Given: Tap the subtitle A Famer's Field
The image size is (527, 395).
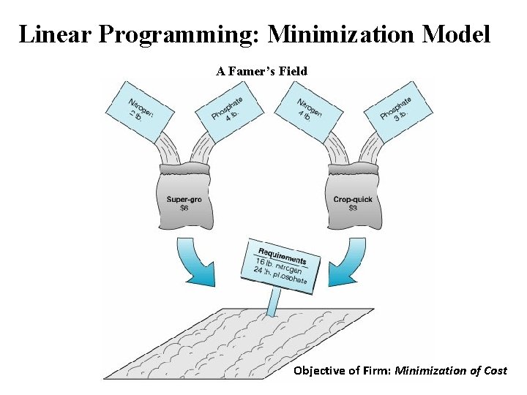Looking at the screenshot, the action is coord(261,71).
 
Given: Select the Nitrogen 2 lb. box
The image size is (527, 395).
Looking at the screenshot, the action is coord(141,110).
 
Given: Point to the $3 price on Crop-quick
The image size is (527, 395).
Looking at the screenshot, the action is coord(353,208).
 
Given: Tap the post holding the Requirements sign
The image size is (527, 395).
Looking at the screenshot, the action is coord(274,302).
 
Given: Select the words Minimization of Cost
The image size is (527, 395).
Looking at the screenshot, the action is coord(451,371).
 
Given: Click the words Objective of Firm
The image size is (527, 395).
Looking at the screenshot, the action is coord(342,371).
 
